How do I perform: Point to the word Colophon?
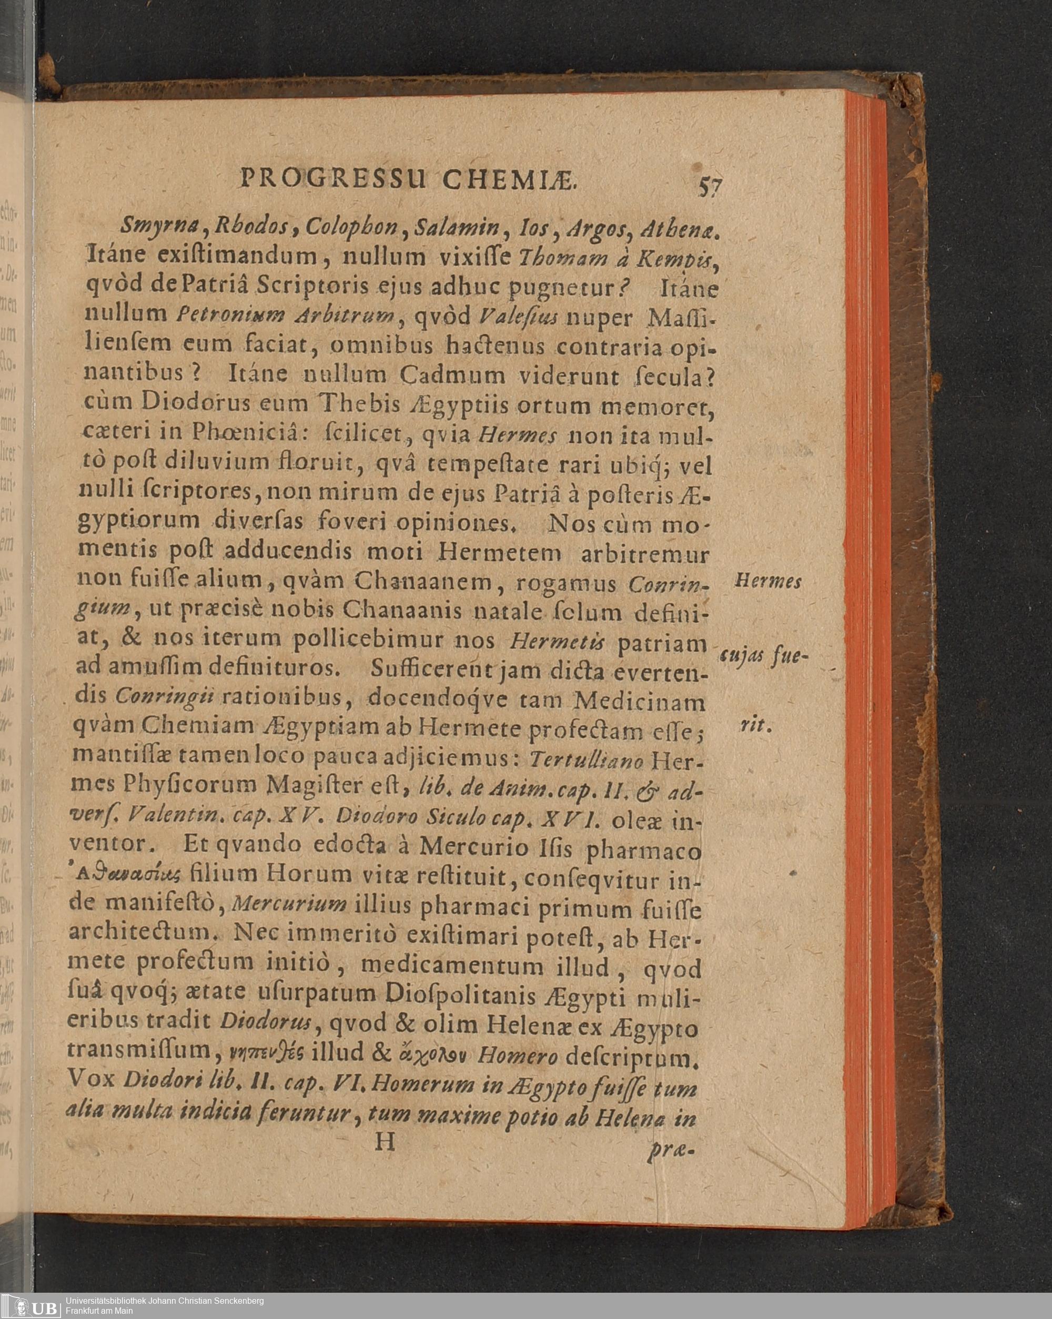[352, 228]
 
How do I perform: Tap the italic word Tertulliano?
[587, 760]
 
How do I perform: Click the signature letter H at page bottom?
[386, 1142]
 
